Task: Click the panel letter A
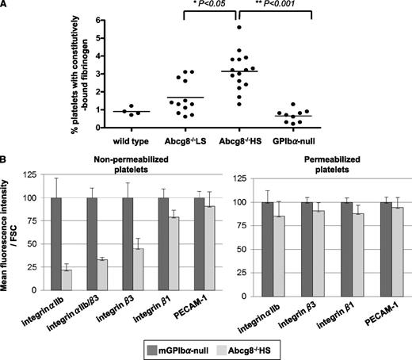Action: pos(5,6)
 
